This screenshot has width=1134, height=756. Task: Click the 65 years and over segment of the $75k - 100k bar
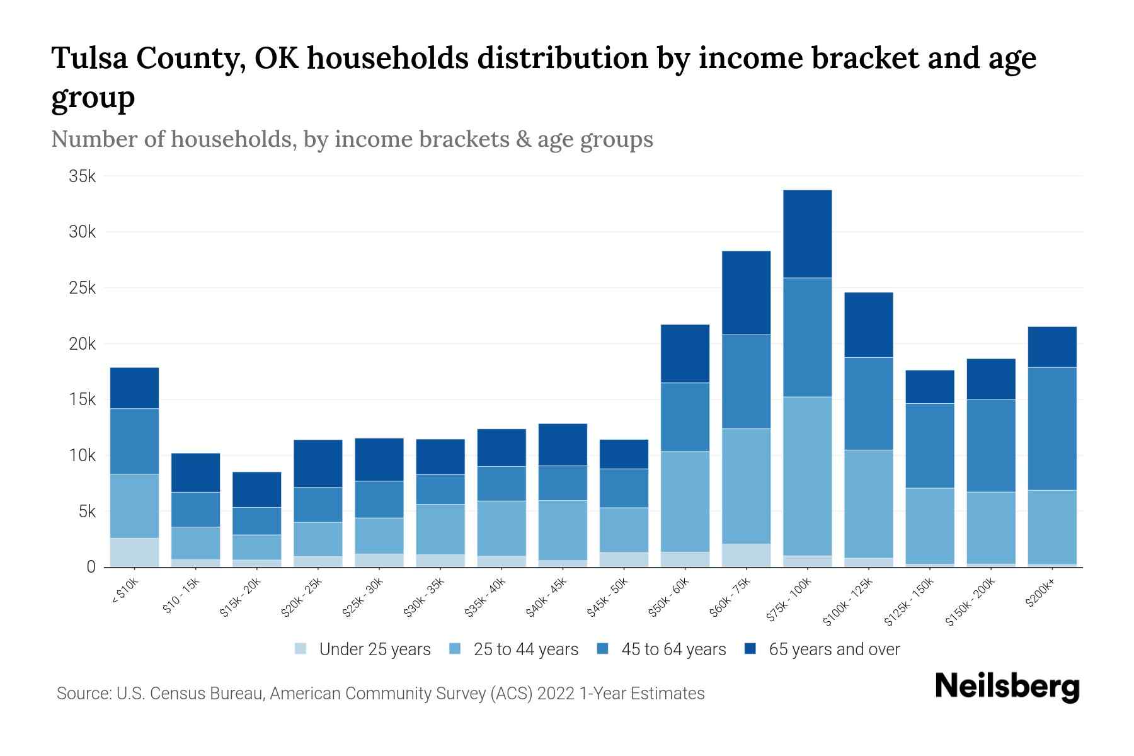point(807,234)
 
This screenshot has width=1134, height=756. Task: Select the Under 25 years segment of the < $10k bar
point(134,553)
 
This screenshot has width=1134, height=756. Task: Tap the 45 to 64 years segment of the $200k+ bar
point(1051,428)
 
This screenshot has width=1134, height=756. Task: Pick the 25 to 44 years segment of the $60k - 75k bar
point(746,486)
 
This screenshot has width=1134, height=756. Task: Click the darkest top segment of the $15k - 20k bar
point(256,490)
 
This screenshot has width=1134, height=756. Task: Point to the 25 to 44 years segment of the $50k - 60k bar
point(685,501)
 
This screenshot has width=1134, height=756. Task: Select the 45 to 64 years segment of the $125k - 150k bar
point(929,445)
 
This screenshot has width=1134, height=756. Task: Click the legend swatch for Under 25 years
point(301,649)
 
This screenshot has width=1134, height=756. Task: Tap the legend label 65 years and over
point(834,650)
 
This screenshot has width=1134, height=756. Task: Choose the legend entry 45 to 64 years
point(673,650)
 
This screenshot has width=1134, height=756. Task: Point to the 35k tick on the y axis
point(83,176)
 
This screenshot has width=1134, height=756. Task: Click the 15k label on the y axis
point(83,400)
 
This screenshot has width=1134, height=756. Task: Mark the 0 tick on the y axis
point(91,568)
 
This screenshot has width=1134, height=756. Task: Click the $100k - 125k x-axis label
point(848,602)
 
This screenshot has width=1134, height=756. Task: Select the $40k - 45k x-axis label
point(547,598)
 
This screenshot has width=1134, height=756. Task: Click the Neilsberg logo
point(1007,687)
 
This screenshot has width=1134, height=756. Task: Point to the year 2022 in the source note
point(557,694)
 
